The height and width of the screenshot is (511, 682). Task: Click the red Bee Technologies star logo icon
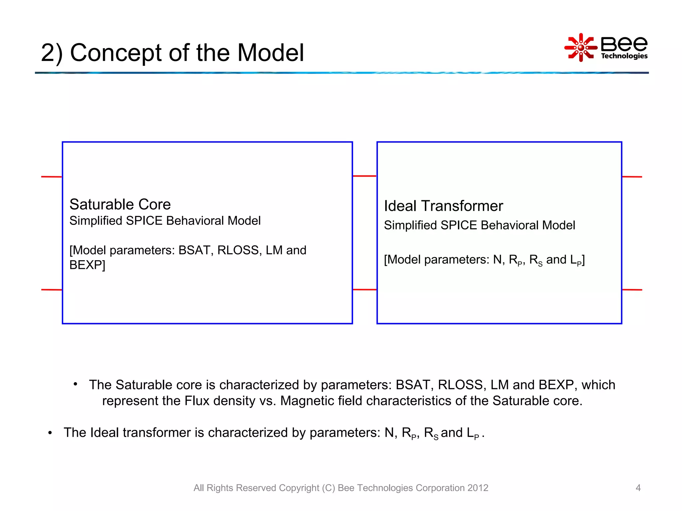[581, 48]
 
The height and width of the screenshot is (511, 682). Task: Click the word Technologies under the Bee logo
[624, 56]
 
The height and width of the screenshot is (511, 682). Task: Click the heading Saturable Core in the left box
[120, 204]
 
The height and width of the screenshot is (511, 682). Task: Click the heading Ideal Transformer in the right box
[443, 206]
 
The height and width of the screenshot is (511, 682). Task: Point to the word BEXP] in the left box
[87, 265]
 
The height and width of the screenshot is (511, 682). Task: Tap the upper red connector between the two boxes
[365, 176]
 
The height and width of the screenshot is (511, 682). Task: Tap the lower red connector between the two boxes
[365, 289]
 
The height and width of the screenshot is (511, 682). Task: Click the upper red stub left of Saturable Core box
[52, 177]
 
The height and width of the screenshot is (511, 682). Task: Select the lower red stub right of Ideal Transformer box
[632, 290]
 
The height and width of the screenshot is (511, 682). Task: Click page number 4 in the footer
[638, 488]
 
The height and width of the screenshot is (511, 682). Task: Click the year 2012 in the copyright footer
[478, 488]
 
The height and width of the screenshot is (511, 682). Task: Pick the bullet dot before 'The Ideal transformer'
[50, 433]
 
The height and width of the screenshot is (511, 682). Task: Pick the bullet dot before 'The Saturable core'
[76, 385]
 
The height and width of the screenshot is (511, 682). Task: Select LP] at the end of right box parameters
[577, 260]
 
